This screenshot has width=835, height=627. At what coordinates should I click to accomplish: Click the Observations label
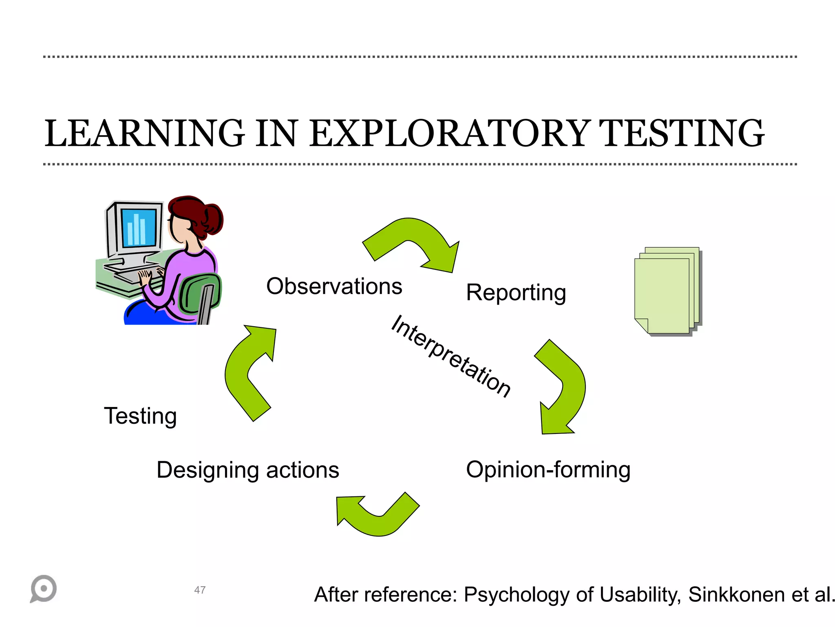[334, 286]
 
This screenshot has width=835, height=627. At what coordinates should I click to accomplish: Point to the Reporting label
[516, 293]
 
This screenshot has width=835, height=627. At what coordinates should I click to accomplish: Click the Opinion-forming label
[548, 470]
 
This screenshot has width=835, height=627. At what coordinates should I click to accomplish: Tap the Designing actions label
[247, 470]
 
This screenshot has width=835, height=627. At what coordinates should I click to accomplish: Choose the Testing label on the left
[140, 416]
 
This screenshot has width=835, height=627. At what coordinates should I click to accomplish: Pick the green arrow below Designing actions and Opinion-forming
[377, 516]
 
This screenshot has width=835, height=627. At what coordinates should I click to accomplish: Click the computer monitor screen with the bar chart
[139, 228]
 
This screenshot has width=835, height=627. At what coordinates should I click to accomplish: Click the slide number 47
[200, 590]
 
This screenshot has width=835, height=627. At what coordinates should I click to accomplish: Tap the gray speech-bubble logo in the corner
[43, 589]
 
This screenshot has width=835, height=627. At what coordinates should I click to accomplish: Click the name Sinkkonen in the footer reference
[736, 595]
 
